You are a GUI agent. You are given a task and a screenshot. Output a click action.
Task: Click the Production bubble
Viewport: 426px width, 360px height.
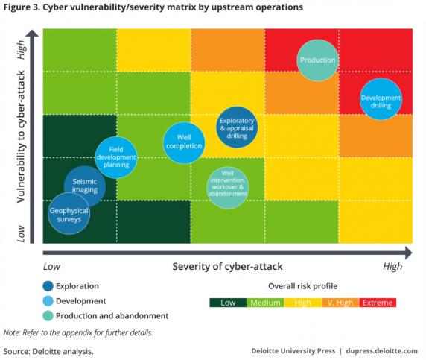tap(317, 60)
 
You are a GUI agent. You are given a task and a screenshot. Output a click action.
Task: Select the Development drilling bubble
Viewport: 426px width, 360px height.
tap(381, 99)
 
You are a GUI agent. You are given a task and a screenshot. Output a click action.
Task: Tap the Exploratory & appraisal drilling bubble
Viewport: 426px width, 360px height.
tap(237, 127)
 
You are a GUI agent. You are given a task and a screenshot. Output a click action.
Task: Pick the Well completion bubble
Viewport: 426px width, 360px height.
tap(184, 143)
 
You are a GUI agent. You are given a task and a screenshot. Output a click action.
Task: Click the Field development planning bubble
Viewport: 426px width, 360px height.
tap(116, 157)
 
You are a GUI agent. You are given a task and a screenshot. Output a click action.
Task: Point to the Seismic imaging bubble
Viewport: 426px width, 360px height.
tap(85, 186)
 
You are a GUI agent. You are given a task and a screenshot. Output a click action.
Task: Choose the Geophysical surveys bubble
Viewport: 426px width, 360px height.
tap(69, 213)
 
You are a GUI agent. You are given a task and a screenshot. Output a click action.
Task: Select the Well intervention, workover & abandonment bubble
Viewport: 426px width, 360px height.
tap(228, 188)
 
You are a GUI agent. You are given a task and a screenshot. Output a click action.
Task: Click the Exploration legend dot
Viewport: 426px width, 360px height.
tap(48, 286)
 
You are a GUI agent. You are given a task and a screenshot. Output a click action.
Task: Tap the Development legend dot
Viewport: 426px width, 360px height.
tap(48, 301)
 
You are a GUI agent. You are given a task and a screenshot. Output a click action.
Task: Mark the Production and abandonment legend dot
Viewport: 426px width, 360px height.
tap(48, 316)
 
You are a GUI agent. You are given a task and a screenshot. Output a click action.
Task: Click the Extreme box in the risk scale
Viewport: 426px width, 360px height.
tap(378, 303)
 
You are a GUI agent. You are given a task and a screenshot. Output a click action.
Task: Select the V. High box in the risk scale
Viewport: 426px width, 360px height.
tap(340, 303)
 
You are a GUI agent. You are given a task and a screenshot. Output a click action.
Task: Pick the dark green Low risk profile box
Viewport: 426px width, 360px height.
tap(228, 303)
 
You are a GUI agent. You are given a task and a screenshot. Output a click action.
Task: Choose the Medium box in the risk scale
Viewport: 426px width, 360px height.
tap(265, 303)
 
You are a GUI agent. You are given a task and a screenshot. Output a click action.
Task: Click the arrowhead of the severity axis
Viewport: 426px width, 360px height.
tap(408, 253)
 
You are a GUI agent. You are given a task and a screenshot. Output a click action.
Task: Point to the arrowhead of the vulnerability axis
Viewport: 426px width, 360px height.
tap(32, 34)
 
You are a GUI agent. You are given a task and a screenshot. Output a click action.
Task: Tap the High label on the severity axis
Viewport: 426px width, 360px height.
tap(392, 267)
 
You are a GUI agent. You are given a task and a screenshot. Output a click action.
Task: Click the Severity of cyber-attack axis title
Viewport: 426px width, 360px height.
tap(227, 267)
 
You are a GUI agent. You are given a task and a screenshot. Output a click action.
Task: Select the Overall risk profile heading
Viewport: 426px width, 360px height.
tap(303, 286)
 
